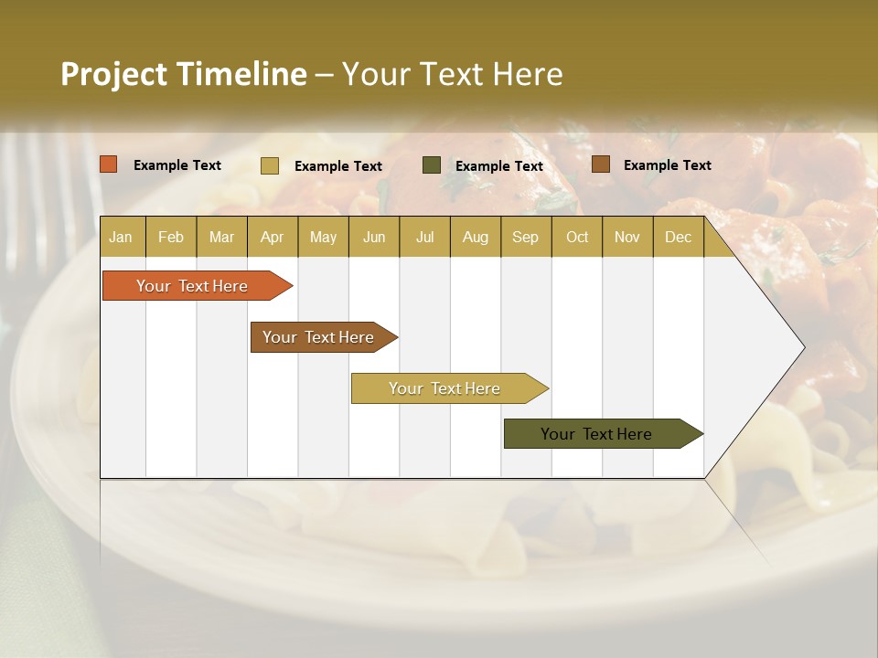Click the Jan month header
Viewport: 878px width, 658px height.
pyautogui.click(x=122, y=237)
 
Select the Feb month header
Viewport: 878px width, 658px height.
pyautogui.click(x=171, y=237)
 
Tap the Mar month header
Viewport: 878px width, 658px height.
pyautogui.click(x=221, y=237)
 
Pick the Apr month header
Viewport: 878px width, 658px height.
pyautogui.click(x=273, y=237)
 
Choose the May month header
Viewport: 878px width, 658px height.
pyautogui.click(x=323, y=237)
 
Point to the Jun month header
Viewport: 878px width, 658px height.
pyautogui.click(x=374, y=237)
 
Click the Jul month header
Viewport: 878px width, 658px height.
pyautogui.click(x=424, y=237)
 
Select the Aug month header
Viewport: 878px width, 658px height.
pyautogui.click(x=476, y=237)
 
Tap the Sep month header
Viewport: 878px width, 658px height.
pyautogui.click(x=526, y=237)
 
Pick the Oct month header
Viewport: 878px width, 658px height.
pyautogui.click(x=577, y=237)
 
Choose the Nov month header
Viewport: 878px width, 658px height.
pyautogui.click(x=627, y=237)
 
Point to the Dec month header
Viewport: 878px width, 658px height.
pyautogui.click(x=679, y=237)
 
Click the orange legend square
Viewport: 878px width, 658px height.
pyautogui.click(x=109, y=164)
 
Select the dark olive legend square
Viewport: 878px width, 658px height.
pyautogui.click(x=432, y=165)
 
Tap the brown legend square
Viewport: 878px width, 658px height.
pyautogui.click(x=600, y=164)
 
